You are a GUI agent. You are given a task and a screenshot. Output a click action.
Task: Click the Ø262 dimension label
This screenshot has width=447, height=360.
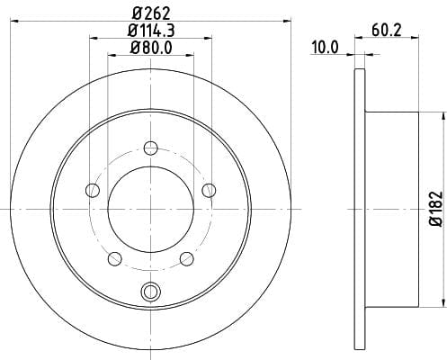[151, 13]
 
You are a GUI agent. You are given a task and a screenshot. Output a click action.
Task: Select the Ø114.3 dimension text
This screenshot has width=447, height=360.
[151, 31]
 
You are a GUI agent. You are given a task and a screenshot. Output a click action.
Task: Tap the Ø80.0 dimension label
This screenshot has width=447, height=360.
[151, 48]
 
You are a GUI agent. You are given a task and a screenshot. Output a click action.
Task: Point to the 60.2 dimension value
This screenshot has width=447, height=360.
[387, 30]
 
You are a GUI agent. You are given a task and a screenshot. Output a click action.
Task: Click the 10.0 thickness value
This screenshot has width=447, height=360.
[325, 48]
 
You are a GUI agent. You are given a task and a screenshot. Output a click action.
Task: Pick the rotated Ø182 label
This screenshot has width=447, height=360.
[436, 209]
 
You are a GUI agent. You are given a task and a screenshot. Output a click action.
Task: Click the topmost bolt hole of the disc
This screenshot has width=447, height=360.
[151, 148]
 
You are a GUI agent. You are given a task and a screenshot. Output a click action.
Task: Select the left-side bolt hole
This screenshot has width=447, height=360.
[93, 190]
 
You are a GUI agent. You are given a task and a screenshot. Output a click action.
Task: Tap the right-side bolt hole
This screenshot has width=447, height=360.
[209, 190]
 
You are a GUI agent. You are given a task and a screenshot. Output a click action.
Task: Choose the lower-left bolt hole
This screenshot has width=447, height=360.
[114, 258]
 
